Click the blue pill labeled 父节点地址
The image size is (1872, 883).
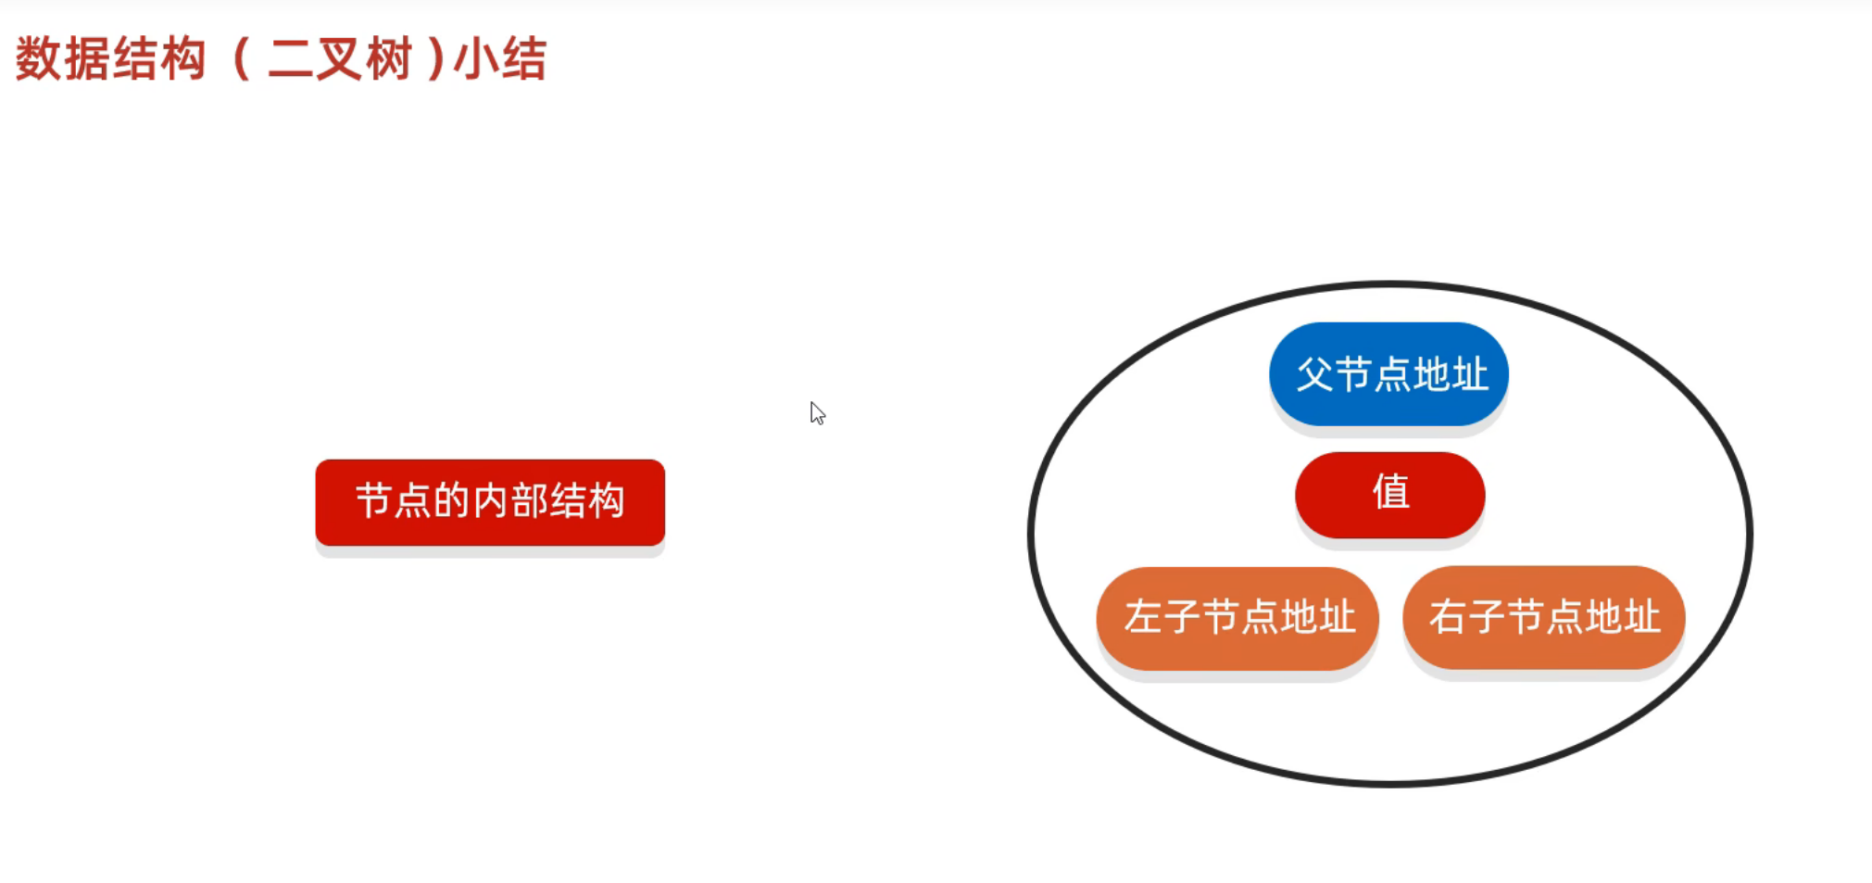[1388, 373]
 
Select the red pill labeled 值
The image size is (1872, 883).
[1389, 495]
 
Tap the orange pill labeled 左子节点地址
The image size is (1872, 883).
[1238, 618]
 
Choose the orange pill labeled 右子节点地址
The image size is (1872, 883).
[1543, 618]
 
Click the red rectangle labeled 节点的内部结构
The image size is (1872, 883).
[490, 502]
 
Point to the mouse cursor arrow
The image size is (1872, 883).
[816, 412]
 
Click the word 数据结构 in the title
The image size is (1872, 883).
[110, 59]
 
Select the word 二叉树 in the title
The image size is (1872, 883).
[339, 59]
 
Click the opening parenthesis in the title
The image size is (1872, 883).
[241, 59]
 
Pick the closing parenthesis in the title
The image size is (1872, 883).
[435, 59]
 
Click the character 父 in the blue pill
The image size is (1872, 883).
[1314, 374]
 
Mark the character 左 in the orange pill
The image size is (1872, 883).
[1143, 618]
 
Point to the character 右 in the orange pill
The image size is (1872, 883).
[1448, 618]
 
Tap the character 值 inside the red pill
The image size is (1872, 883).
[1390, 492]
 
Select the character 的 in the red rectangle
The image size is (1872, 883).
[452, 501]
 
